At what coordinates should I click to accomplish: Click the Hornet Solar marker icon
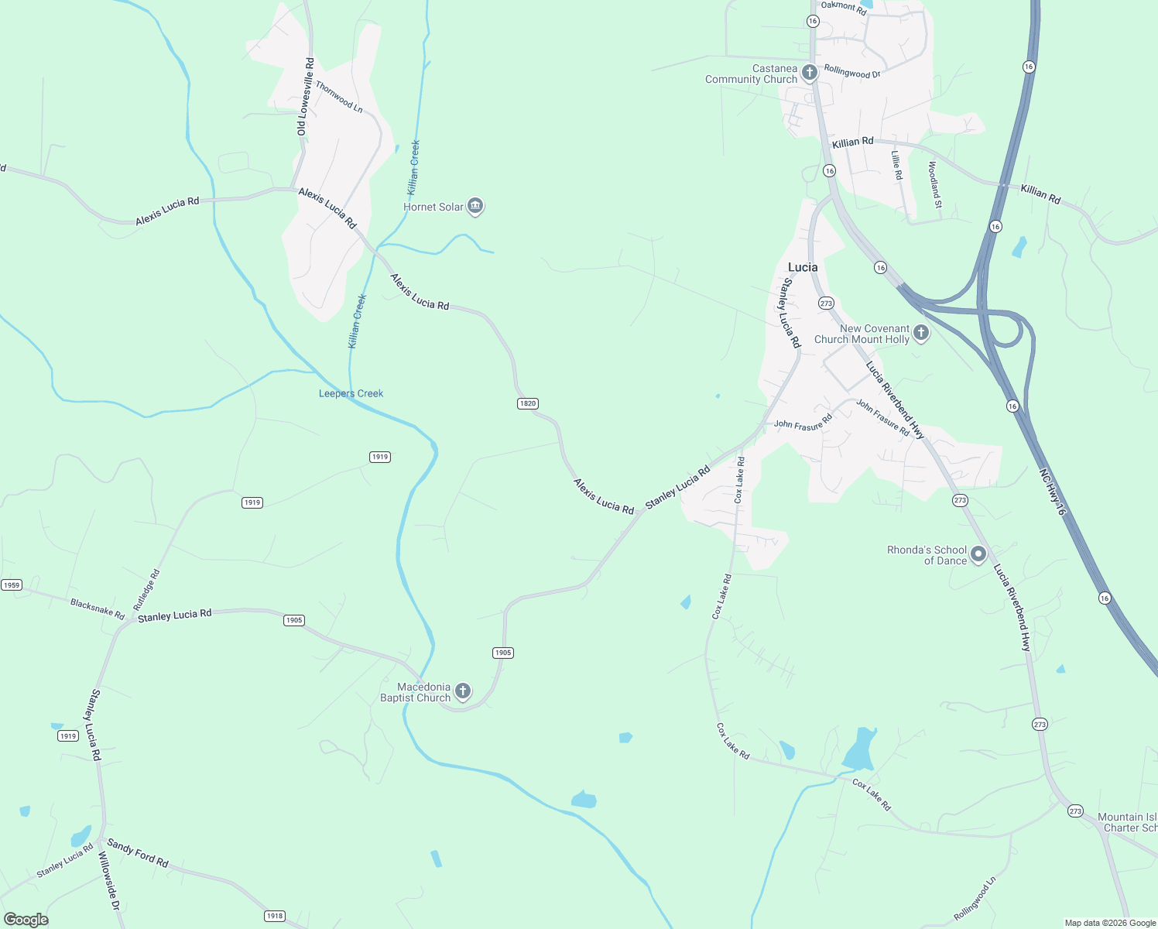tap(475, 206)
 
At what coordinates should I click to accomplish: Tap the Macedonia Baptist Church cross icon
tap(463, 691)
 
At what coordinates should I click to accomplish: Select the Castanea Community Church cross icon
tap(810, 74)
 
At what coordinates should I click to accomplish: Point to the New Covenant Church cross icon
tap(921, 334)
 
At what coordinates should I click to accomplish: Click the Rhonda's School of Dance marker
tap(978, 554)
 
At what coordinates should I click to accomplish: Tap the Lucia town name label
tap(803, 267)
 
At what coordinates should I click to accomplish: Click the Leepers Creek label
tap(351, 393)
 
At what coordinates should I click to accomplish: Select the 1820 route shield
tap(527, 403)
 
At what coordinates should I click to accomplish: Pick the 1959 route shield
tap(11, 585)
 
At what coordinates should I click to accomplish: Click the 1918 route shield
tap(275, 916)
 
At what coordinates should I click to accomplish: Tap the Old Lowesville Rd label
tap(306, 96)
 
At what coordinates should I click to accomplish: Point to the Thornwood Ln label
tap(339, 97)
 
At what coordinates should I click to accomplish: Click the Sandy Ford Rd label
tap(138, 852)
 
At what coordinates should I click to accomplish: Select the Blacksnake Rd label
tap(98, 608)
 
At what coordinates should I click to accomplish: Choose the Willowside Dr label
tap(111, 889)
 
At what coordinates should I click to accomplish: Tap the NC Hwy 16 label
tap(1053, 492)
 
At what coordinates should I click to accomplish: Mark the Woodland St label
tap(934, 184)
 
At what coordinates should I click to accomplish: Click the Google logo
tap(26, 920)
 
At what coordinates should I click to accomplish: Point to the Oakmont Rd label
tap(844, 8)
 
